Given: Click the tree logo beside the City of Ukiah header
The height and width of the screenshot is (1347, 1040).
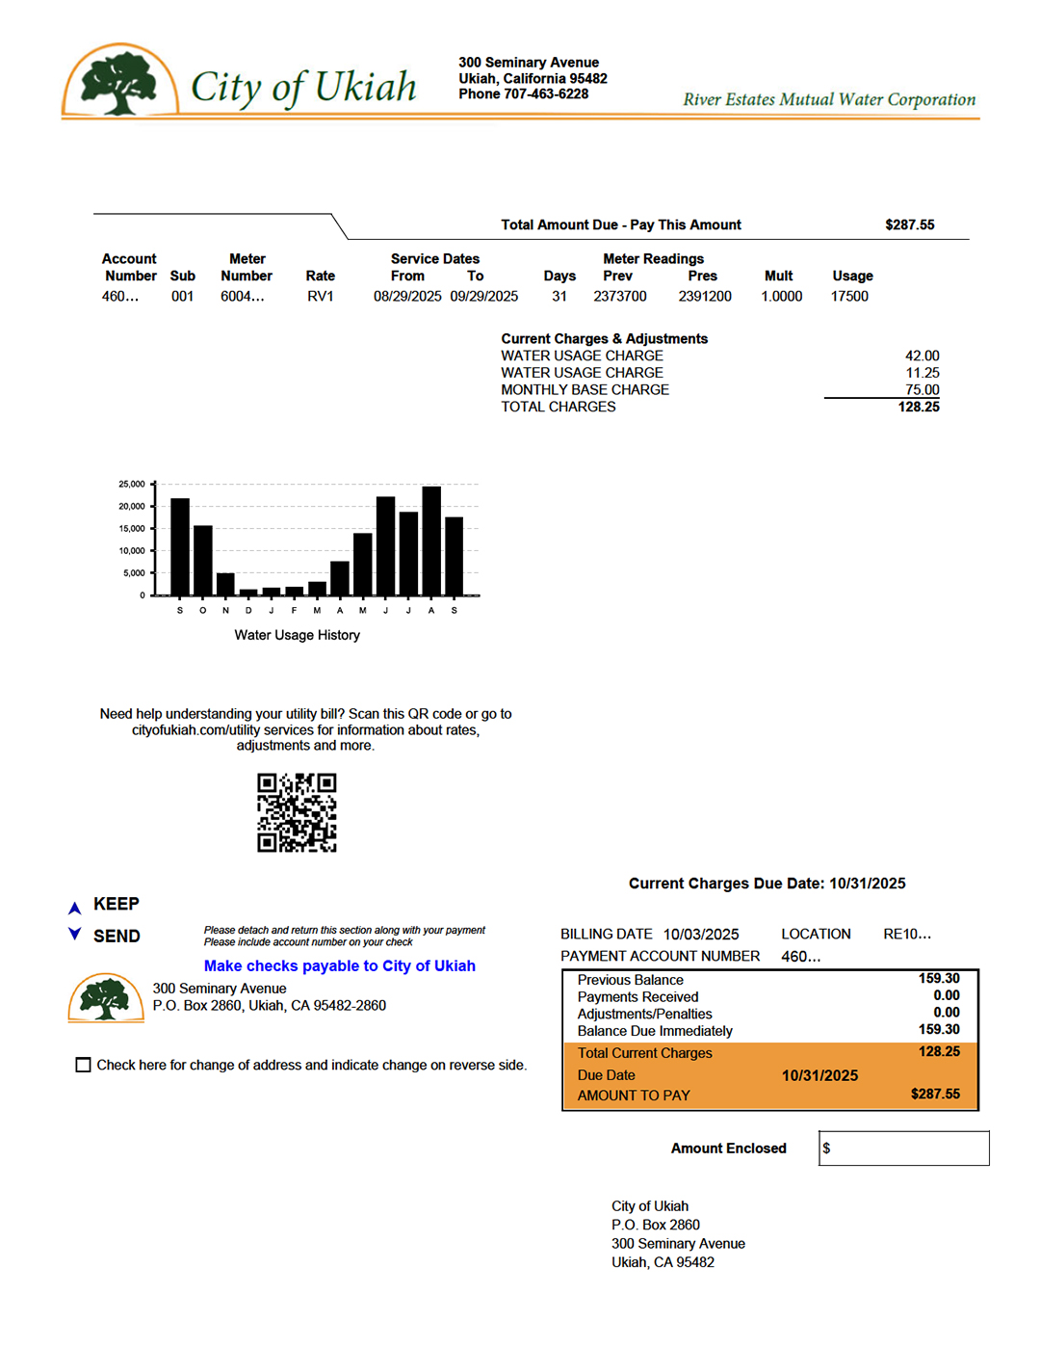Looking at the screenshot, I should [x=119, y=82].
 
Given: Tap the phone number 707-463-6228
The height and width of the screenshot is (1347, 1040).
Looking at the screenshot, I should [x=546, y=94].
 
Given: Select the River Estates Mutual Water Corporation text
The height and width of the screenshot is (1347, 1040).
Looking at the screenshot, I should [x=829, y=99].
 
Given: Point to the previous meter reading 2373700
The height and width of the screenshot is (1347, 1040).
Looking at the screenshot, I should [x=620, y=297].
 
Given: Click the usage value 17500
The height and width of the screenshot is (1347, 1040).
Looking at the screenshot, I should [x=849, y=297].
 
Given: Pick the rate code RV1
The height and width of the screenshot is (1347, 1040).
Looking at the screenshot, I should [x=321, y=297].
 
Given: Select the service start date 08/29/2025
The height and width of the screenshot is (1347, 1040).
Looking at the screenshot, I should [x=407, y=297].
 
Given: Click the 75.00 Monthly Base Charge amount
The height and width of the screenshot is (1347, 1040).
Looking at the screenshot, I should [x=922, y=389].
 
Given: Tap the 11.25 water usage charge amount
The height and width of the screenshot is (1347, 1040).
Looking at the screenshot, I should [x=922, y=373].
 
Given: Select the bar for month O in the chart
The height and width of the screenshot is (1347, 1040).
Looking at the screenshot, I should [x=203, y=561].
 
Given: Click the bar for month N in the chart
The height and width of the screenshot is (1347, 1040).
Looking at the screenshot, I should [x=225, y=584].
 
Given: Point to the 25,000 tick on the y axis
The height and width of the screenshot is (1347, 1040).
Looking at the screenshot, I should [x=132, y=484].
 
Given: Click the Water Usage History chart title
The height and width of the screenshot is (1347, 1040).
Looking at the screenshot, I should [x=298, y=635].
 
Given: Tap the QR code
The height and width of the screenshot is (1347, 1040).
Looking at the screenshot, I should [x=297, y=812].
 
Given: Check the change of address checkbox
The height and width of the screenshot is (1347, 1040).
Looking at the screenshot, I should [x=84, y=1065].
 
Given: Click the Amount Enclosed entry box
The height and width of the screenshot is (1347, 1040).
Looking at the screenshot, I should [x=904, y=1149].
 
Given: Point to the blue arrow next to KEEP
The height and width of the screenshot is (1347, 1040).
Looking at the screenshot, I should [x=74, y=908].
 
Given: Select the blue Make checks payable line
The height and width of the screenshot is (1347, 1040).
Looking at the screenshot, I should [x=339, y=965].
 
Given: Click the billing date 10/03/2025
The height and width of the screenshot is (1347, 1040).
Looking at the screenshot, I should [x=701, y=935].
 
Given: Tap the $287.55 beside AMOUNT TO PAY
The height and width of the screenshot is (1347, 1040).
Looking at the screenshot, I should [x=935, y=1095].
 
